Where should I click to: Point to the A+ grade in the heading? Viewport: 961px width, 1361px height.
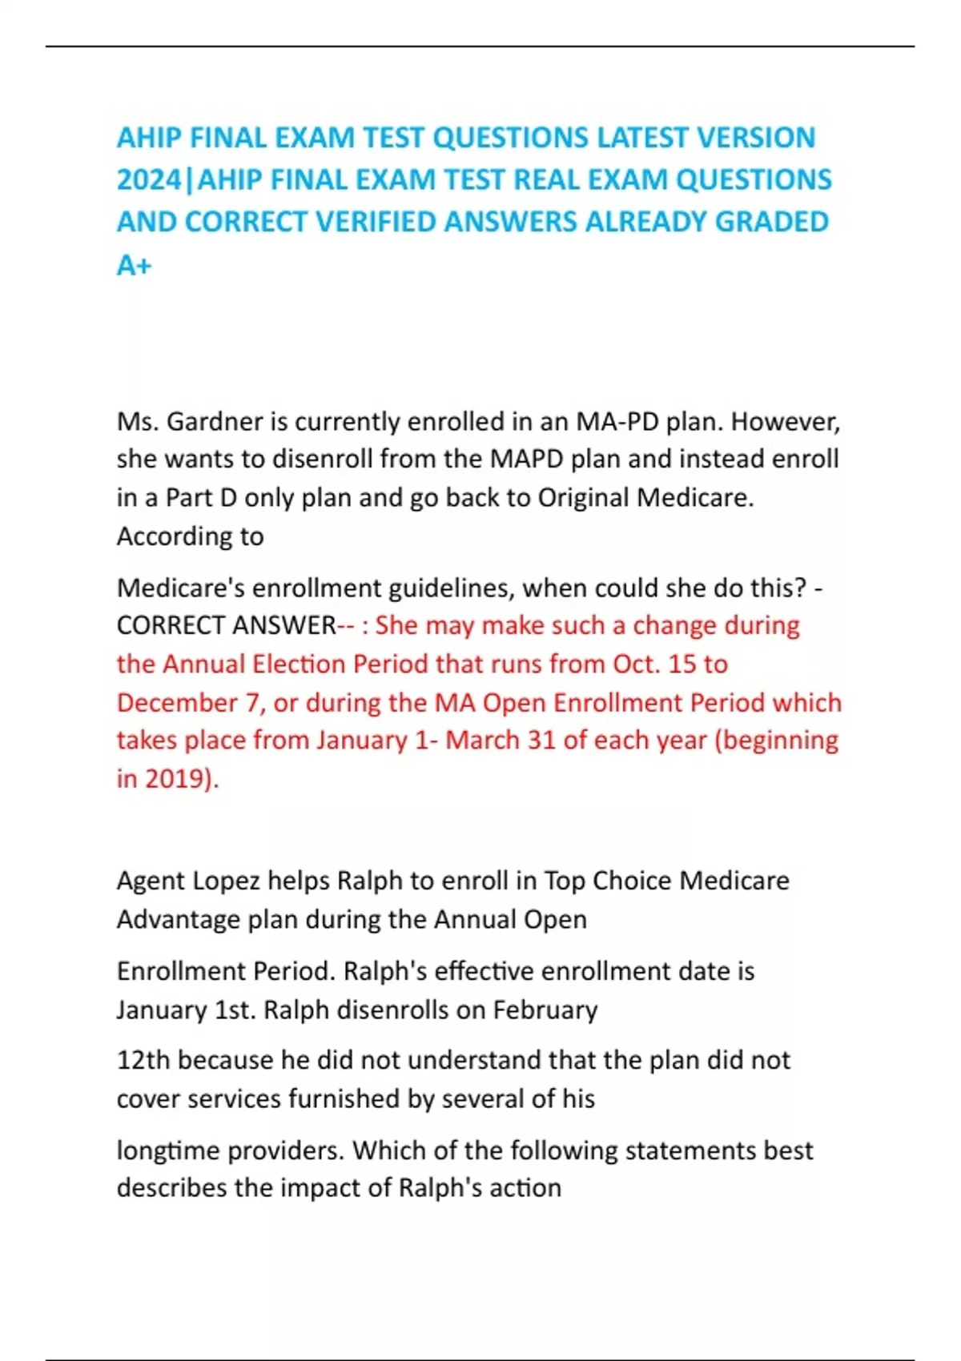[134, 264]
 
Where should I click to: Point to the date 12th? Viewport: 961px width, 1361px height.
[143, 1060]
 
